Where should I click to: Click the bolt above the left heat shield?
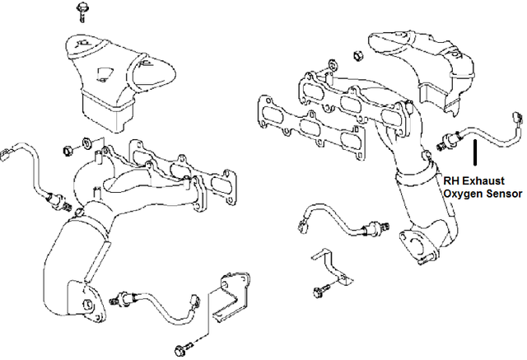(x=81, y=11)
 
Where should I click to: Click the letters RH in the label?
(x=450, y=180)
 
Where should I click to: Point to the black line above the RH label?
(x=475, y=156)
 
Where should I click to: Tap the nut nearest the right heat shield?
(x=358, y=56)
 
